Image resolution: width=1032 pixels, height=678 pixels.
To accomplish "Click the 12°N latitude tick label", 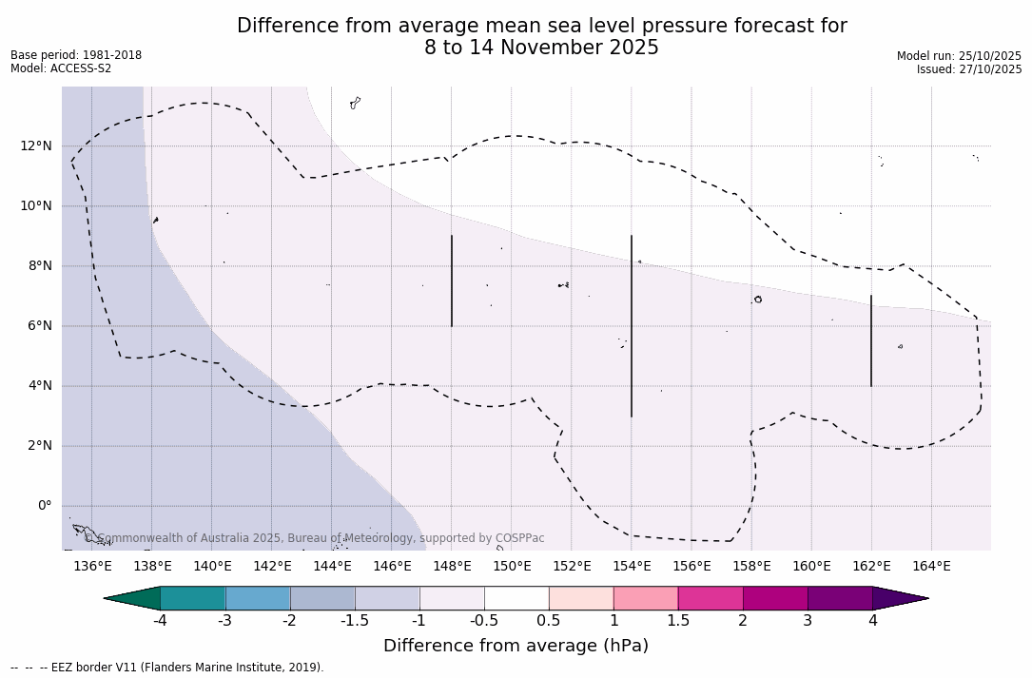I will [36, 145].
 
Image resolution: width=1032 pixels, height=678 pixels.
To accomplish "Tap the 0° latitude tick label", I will [44, 506].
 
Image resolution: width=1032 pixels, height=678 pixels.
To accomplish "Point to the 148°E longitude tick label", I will [452, 567].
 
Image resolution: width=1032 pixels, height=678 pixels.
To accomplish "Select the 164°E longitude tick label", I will [931, 567].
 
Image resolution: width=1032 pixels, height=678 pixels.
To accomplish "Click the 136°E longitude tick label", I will [92, 567].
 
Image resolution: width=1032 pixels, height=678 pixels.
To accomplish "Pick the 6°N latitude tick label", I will [39, 325].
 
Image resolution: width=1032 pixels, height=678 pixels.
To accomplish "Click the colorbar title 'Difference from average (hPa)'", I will [516, 646].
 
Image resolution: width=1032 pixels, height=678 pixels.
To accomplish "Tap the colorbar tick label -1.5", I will [355, 621].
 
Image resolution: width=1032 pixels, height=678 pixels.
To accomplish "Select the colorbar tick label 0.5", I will [549, 621].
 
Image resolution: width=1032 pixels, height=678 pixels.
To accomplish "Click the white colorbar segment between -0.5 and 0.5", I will [516, 598].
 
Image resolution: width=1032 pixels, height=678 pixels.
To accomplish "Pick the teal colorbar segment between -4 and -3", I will [193, 598].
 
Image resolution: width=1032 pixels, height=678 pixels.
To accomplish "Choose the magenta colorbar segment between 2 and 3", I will [775, 598].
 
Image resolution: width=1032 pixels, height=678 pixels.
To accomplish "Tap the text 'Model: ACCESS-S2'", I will [61, 68].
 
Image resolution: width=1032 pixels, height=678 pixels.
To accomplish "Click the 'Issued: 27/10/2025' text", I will [969, 69].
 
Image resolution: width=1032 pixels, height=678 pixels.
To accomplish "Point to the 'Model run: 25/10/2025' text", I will [959, 56].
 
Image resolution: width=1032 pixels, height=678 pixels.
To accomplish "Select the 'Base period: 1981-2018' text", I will [76, 55].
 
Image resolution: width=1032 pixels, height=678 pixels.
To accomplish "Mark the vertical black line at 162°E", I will [870, 340].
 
